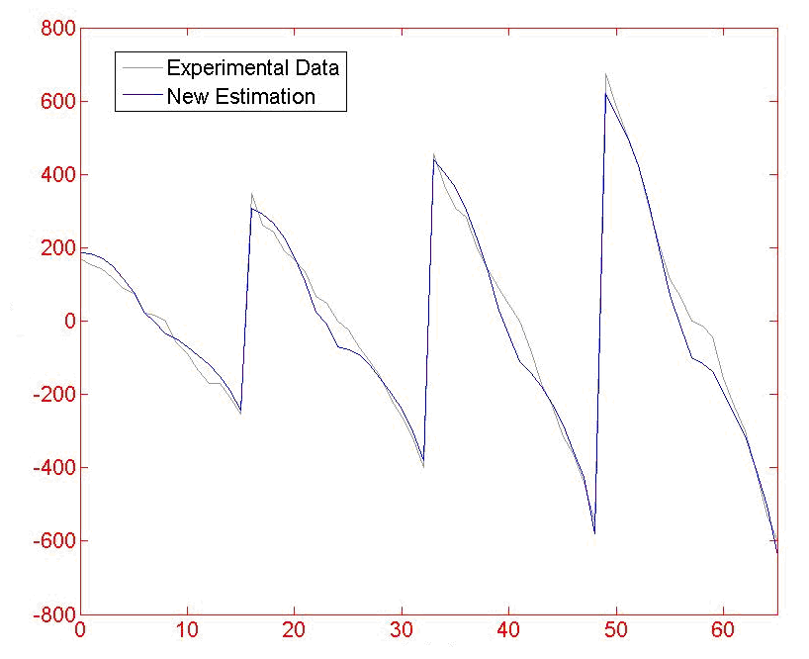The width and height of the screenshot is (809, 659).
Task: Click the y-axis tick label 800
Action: (x=57, y=29)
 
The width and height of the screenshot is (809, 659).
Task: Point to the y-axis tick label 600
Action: (x=57, y=102)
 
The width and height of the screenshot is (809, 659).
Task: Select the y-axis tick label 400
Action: (x=57, y=175)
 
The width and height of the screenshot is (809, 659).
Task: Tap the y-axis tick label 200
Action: (x=57, y=248)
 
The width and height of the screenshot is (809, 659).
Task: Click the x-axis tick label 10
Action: (x=187, y=630)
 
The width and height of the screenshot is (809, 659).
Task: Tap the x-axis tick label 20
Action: (x=294, y=630)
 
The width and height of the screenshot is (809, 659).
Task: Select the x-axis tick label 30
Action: (x=402, y=630)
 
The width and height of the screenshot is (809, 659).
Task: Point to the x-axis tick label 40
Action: (x=508, y=630)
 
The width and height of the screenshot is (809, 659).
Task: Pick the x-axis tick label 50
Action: (x=616, y=630)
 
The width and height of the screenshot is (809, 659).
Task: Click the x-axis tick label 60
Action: (x=723, y=630)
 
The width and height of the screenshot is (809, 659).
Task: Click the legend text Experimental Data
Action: (x=253, y=68)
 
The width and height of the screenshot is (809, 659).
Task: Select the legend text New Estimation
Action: (x=241, y=96)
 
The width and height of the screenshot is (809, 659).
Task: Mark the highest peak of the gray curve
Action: (x=605, y=74)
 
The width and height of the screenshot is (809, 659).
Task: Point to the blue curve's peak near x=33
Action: (x=434, y=160)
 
